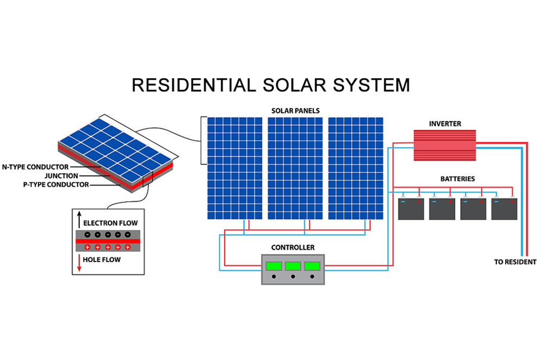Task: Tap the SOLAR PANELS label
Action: point(295,111)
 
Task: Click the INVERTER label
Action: point(445,124)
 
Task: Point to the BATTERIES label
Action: point(457,178)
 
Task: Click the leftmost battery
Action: point(411,209)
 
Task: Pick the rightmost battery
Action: point(504,209)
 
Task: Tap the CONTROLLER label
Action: point(293,248)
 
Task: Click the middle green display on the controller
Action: point(293,266)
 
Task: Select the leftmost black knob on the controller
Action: point(274,277)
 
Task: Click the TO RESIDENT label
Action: point(515,262)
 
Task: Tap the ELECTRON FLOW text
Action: point(111,223)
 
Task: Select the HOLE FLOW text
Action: point(102,260)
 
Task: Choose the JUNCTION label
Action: point(61,176)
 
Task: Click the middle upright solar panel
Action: point(295,168)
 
